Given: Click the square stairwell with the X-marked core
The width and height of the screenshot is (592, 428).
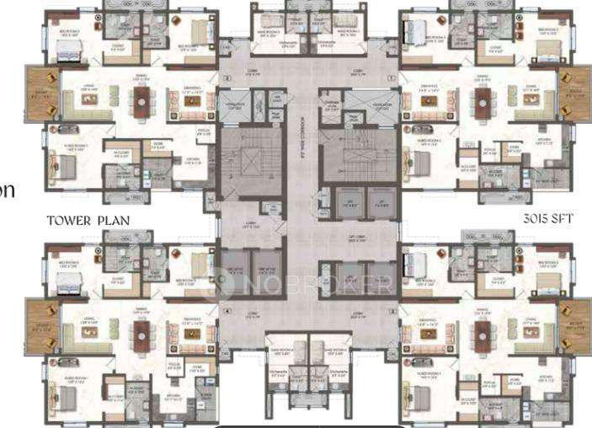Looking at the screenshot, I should [x=250, y=159].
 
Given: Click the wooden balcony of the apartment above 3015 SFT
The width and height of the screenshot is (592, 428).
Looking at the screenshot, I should [x=573, y=94].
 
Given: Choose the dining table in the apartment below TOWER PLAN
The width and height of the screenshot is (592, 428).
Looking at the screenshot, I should [x=140, y=333].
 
